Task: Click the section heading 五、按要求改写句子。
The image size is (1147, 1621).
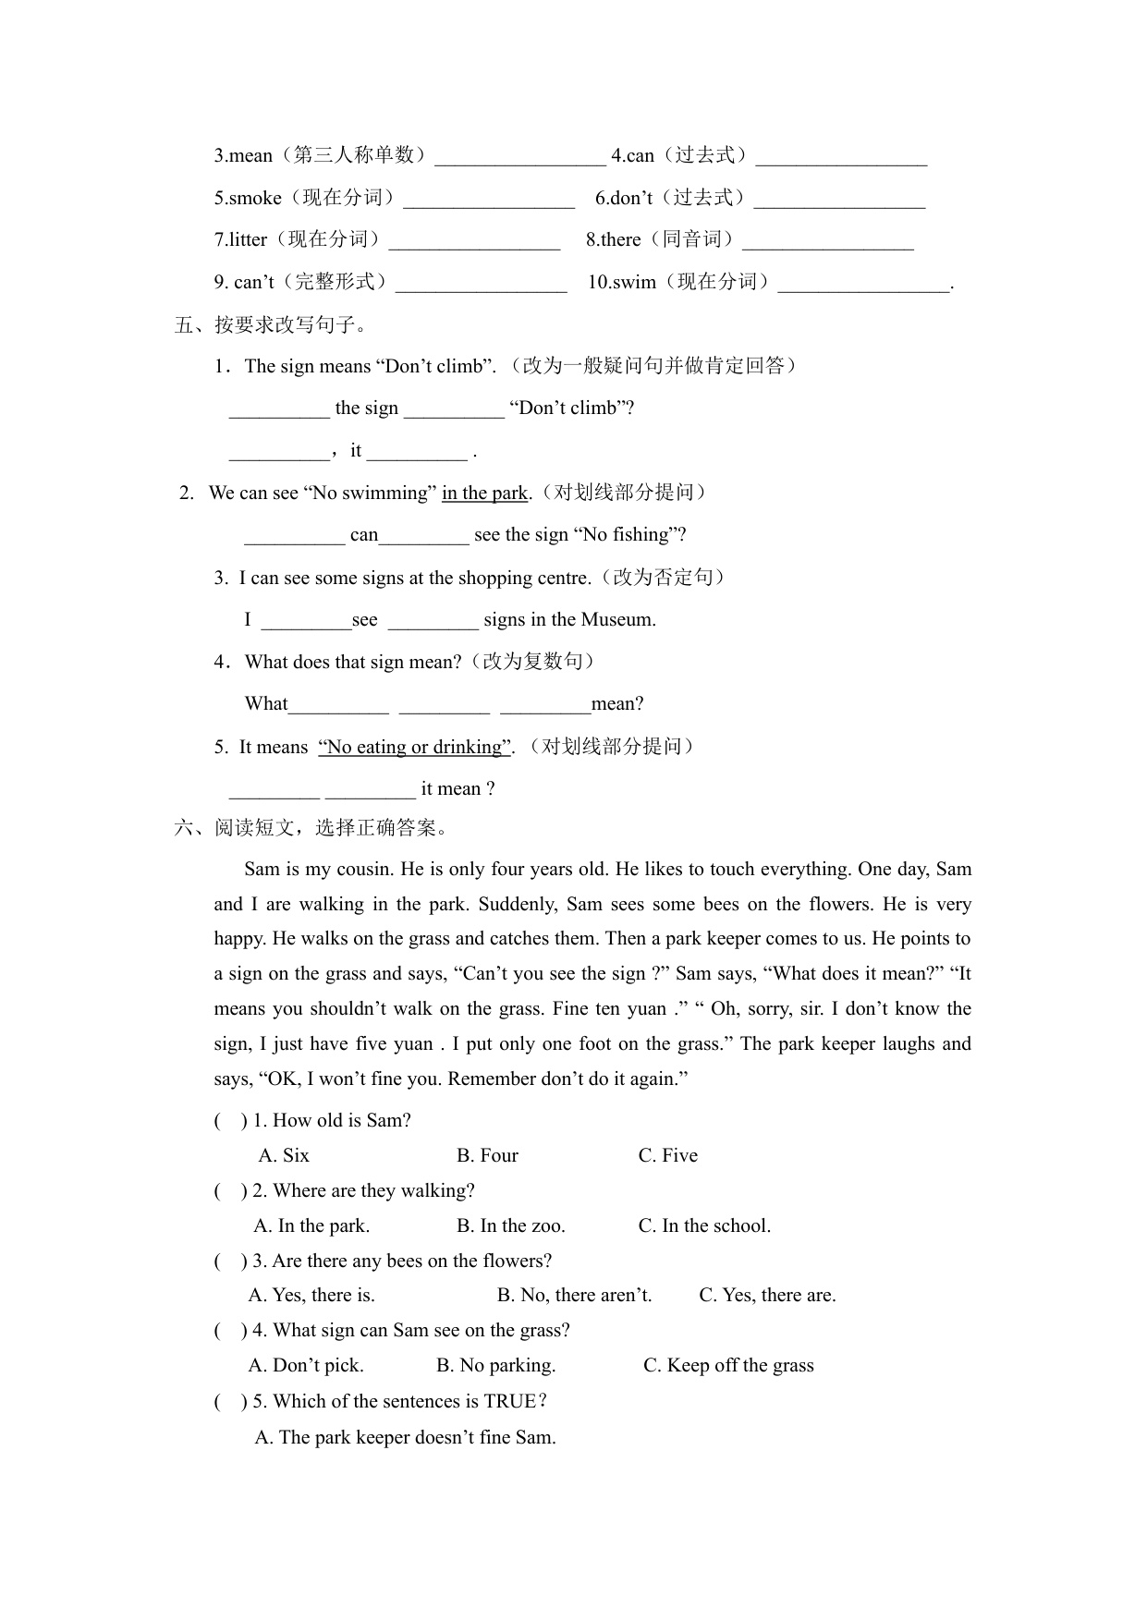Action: tap(272, 324)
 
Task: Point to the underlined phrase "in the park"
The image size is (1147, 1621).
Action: tap(484, 493)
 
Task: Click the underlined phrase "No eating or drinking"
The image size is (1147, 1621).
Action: tap(415, 747)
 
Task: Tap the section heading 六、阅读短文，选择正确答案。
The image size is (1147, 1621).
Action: tap(312, 827)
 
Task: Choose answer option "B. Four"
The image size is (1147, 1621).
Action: tap(487, 1155)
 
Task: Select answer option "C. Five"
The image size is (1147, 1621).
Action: tap(667, 1155)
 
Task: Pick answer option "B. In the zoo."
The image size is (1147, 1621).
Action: tap(510, 1225)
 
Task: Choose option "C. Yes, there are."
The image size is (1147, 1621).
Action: tap(767, 1295)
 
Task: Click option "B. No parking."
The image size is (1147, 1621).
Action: tap(495, 1365)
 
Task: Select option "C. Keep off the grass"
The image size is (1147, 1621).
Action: tap(728, 1365)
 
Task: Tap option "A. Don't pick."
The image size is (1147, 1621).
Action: tap(306, 1365)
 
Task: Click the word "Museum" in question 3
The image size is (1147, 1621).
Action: tap(622, 619)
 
